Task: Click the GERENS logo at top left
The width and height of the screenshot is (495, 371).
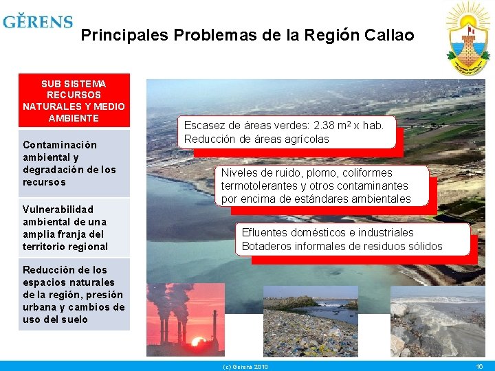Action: coord(38,21)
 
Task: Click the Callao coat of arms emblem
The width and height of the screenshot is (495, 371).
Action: coord(467,39)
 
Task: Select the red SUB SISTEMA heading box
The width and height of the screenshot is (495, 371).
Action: coord(74,101)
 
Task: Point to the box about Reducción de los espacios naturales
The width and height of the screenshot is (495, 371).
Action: coord(74,294)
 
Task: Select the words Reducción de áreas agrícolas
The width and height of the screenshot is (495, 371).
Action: coord(256,139)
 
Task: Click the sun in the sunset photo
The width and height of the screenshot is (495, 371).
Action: coord(198,341)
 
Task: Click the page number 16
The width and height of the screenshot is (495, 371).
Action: coord(480,367)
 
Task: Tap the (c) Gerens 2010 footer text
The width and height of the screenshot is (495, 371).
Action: coord(245,367)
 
